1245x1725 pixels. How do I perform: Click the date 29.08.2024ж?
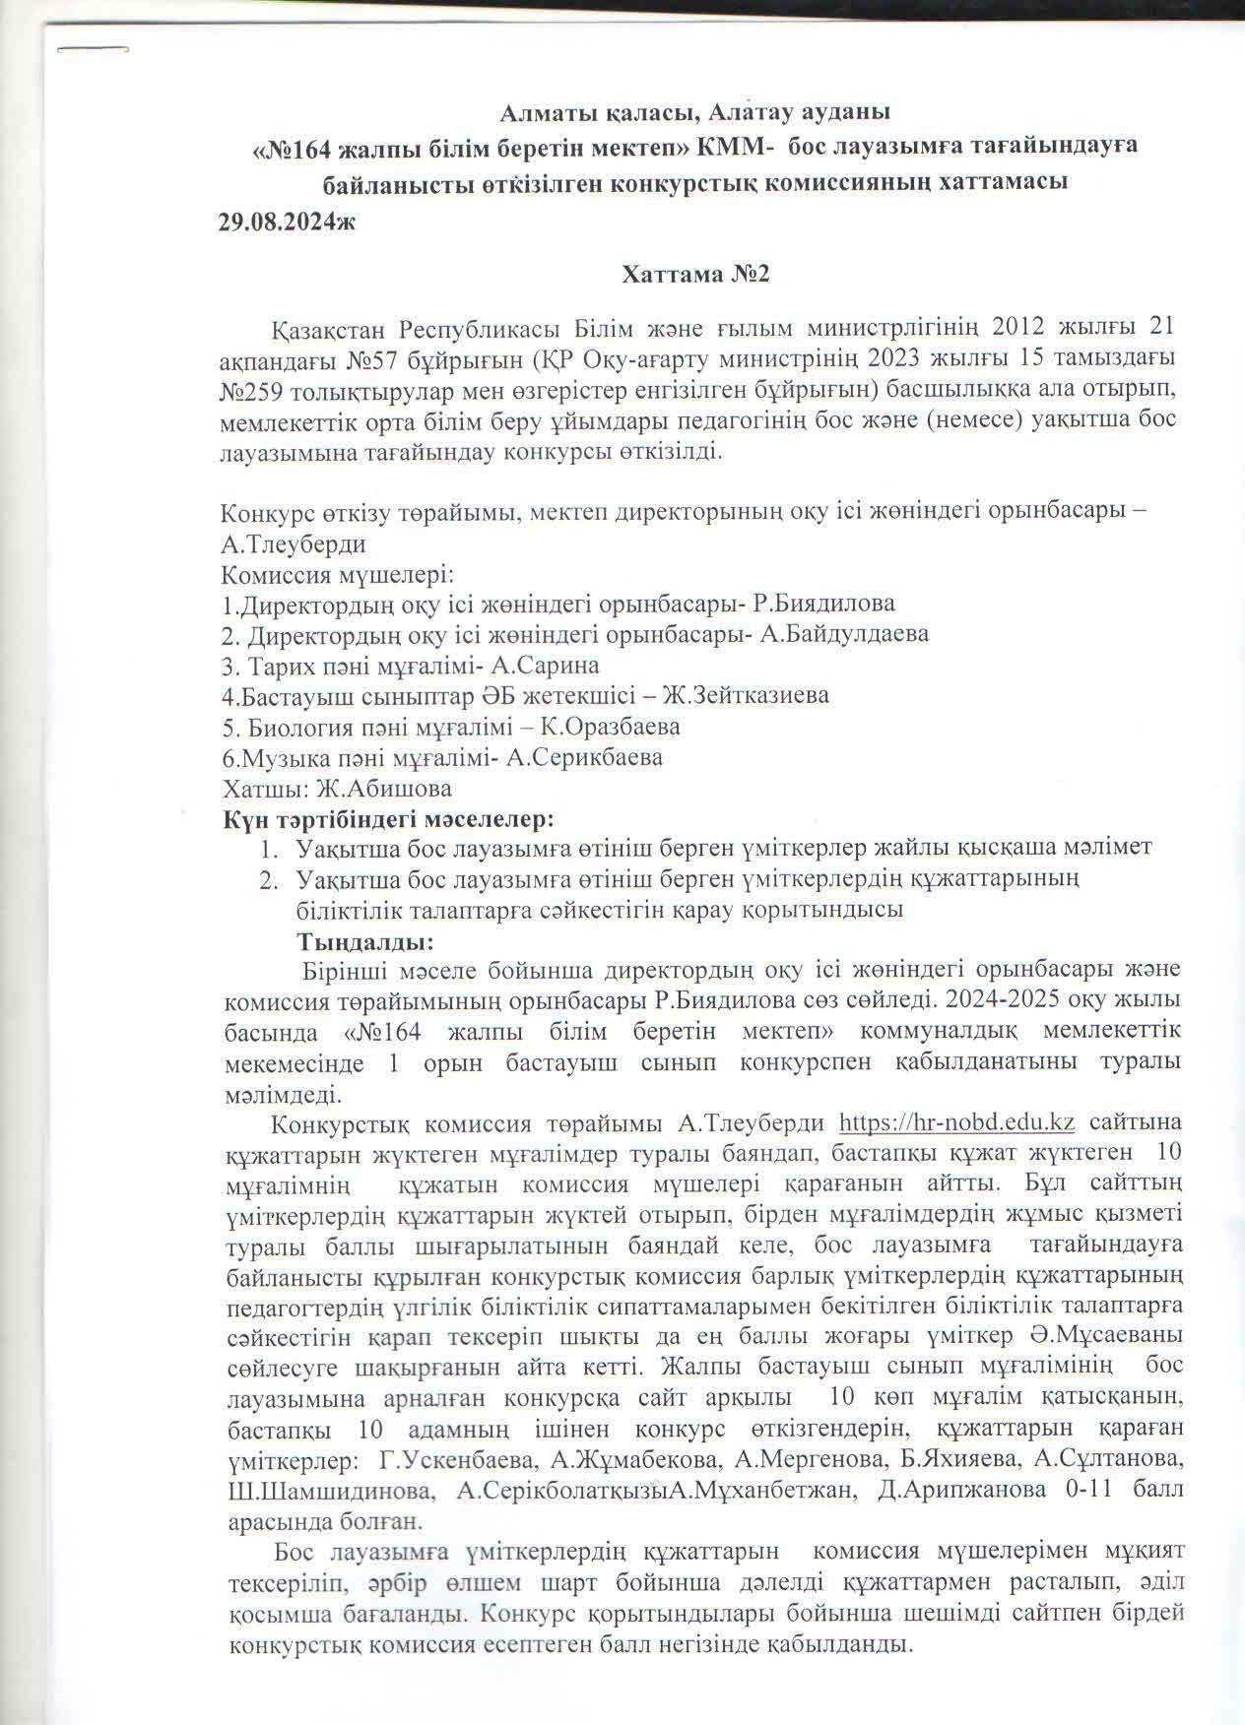pyautogui.click(x=287, y=222)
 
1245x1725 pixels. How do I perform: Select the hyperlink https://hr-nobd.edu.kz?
pyautogui.click(x=955, y=1123)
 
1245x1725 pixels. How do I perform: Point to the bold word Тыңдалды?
pyautogui.click(x=366, y=940)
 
